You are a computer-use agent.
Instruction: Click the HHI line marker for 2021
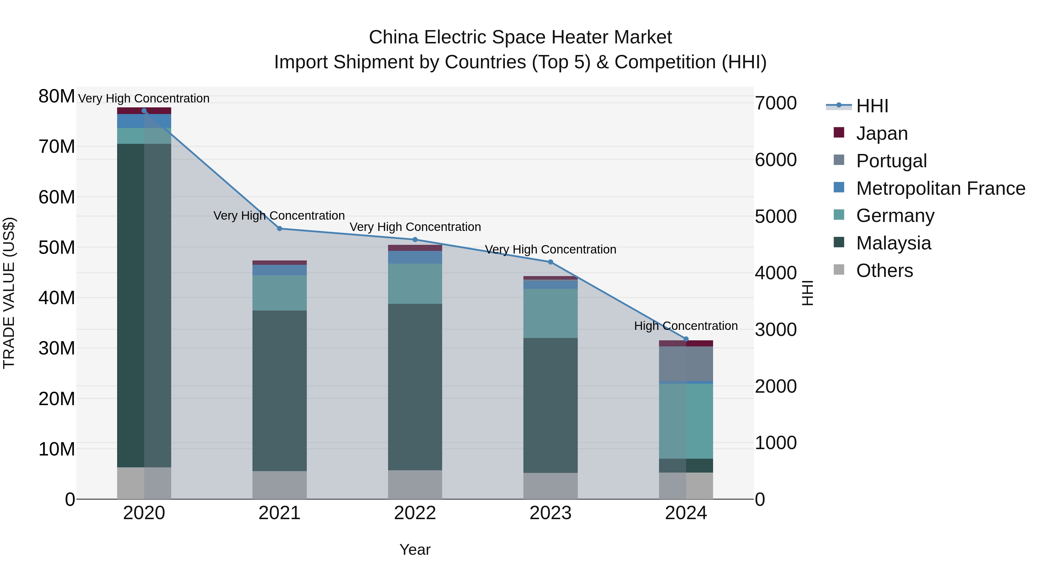[279, 229]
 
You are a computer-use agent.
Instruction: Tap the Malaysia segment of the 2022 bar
[415, 387]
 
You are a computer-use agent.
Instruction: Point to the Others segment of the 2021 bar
[279, 485]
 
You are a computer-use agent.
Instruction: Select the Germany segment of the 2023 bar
[550, 313]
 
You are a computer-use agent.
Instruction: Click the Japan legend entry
[882, 133]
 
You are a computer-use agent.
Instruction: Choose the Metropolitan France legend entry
[940, 188]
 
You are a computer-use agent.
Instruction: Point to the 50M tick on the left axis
[57, 247]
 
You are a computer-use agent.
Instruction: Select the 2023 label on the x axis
[550, 513]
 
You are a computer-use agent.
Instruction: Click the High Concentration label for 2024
[686, 326]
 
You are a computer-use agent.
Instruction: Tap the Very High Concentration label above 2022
[415, 227]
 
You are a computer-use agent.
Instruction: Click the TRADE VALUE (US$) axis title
[9, 293]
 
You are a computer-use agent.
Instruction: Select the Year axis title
[415, 550]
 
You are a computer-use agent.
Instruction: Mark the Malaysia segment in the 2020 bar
[144, 305]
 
